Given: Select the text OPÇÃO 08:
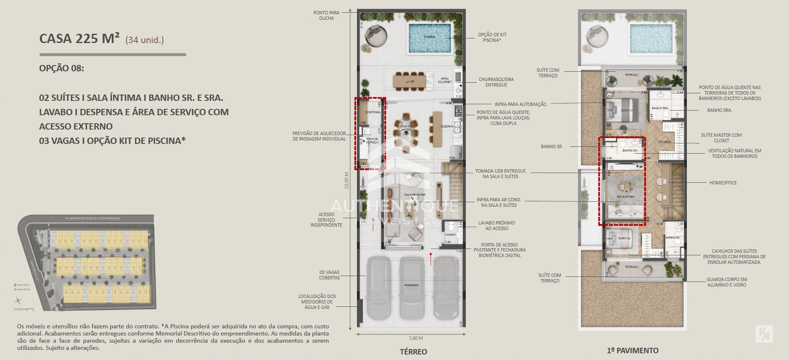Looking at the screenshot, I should pos(62,68).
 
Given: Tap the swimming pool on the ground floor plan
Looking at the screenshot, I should pos(430,38).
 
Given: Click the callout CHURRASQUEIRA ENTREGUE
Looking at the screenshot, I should pos(496,82).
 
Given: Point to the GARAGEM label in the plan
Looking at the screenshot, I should pos(411,285).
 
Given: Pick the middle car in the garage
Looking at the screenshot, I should pos(411,287).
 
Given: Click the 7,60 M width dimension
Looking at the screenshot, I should pos(415,338).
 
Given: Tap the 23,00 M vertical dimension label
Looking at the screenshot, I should pos(346,180).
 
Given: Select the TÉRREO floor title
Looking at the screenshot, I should pos(413,352).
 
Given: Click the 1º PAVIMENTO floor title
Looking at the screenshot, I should pos(632,350).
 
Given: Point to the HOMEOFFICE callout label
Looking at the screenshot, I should pos(723,183).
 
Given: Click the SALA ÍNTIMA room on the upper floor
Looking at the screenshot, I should pos(625,196).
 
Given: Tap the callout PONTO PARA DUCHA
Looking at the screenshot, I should pos(326,16).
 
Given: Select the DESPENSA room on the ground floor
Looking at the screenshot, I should pos(372,112).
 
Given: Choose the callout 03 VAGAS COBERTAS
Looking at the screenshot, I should pos(329,275).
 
